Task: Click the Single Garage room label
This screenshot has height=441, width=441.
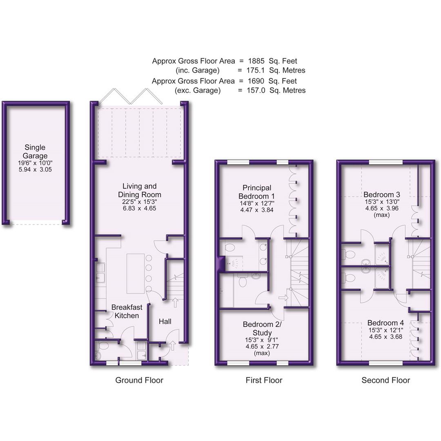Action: (x=35, y=151)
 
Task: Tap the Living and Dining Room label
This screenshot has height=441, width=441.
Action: (x=140, y=191)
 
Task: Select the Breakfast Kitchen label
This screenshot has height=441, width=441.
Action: (x=125, y=311)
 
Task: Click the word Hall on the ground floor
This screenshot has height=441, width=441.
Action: (x=165, y=322)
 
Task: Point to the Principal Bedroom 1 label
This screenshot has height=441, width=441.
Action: (x=257, y=192)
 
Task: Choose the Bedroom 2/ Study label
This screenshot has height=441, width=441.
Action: (x=262, y=329)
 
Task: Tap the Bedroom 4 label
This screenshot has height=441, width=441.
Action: (x=385, y=323)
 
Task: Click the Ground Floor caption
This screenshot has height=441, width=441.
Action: (x=139, y=381)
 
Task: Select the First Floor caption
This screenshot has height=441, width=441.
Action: (x=264, y=381)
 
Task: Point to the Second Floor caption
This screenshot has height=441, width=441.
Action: (x=385, y=381)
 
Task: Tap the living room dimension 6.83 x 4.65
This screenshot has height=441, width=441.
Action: (x=140, y=208)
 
